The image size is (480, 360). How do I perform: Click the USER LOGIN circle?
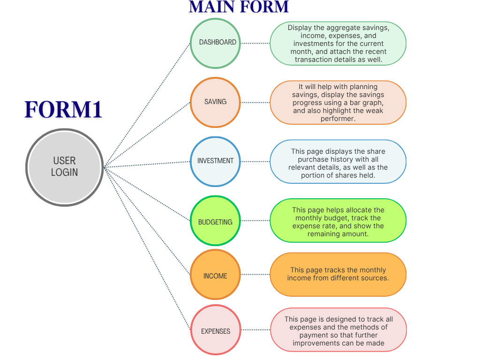(x=64, y=166)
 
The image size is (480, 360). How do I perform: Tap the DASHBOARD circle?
(x=215, y=43)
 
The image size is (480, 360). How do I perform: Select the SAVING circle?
(x=215, y=102)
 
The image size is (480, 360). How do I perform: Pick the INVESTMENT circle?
(x=215, y=161)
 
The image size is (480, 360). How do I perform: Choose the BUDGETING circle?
(x=215, y=221)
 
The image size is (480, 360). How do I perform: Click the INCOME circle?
(x=215, y=275)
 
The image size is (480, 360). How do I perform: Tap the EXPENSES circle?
(x=215, y=330)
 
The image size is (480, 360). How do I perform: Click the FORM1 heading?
(x=63, y=109)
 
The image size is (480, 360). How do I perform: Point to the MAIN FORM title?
(x=239, y=7)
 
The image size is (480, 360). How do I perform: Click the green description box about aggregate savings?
(x=337, y=43)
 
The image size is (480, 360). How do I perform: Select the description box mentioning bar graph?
(x=337, y=102)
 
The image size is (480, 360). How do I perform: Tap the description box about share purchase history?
(x=337, y=161)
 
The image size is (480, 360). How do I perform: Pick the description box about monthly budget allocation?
(x=337, y=221)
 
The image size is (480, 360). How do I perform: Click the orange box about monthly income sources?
(x=337, y=275)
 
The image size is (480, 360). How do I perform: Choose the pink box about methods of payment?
(x=337, y=330)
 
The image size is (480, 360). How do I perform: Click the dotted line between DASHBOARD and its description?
(x=255, y=43)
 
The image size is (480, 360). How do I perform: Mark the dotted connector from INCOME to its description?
(x=255, y=275)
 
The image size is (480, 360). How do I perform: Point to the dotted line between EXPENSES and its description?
(x=255, y=330)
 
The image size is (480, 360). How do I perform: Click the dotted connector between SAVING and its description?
(x=255, y=102)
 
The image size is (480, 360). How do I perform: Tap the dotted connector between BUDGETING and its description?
(x=255, y=221)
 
